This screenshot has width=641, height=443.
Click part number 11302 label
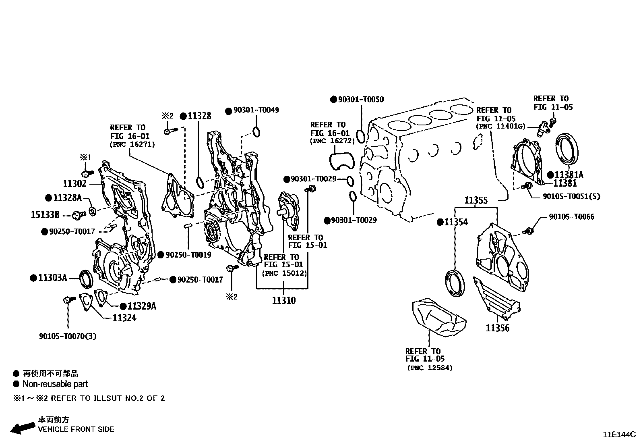74,184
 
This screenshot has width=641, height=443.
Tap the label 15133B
45,215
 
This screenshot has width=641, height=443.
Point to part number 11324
124,318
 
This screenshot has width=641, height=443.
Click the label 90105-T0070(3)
68,336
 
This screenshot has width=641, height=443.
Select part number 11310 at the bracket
283,300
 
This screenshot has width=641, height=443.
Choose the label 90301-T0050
361,99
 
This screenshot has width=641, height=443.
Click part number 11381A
569,175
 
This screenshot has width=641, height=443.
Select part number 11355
476,200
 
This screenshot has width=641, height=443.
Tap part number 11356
497,328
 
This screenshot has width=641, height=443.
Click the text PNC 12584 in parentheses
430,368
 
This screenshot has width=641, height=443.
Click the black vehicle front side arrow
22,428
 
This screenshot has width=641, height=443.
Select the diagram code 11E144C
618,435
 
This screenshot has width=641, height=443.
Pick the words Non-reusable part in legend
55,384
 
